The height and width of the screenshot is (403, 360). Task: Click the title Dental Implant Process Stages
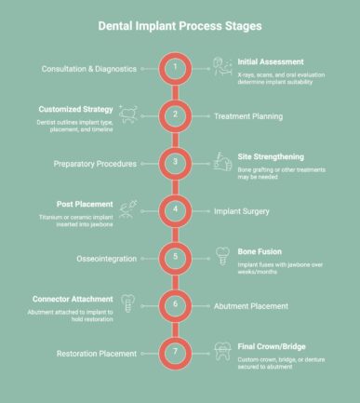coord(180,26)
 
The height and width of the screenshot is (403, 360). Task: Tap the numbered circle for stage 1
coord(175,69)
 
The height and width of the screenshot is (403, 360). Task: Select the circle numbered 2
coord(175,115)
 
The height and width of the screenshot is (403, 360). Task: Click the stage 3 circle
coord(175,163)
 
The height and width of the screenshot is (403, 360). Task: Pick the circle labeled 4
coord(175,210)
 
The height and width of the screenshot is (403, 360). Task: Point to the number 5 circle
coord(175,257)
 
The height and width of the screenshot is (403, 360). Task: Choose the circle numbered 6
coord(175,304)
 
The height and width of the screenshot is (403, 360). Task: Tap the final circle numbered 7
coord(175,352)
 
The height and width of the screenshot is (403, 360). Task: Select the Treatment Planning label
coord(255,116)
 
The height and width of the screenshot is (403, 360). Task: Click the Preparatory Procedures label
coord(92,163)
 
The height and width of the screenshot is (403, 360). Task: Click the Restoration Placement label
coord(89,353)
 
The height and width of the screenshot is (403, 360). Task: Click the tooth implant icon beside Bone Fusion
coord(222,256)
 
